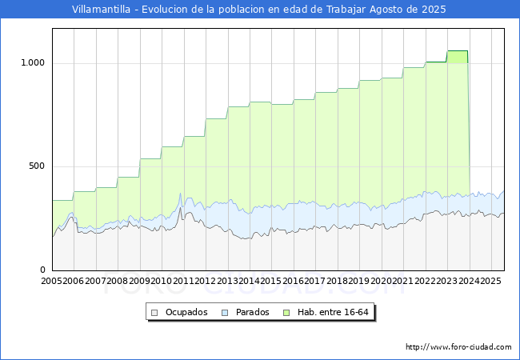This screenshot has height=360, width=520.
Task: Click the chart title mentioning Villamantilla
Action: point(259,10)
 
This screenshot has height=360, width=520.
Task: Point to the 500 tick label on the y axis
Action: point(36,166)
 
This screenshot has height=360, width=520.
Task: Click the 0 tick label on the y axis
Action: point(43,270)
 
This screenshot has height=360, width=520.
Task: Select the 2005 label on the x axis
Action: point(52,282)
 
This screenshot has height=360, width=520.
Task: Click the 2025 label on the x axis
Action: point(490,282)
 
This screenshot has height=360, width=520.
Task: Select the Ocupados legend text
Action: point(186,312)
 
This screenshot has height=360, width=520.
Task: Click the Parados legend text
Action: point(253,312)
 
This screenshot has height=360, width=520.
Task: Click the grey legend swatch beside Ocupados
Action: point(155,312)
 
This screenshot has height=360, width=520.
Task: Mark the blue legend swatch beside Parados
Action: point(225,312)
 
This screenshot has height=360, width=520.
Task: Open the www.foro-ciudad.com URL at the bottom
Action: point(458,347)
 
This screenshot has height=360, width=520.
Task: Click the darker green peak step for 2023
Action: point(457,56)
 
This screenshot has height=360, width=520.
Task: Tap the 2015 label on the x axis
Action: point(270,282)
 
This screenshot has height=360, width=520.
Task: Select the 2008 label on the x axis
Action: point(118,282)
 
